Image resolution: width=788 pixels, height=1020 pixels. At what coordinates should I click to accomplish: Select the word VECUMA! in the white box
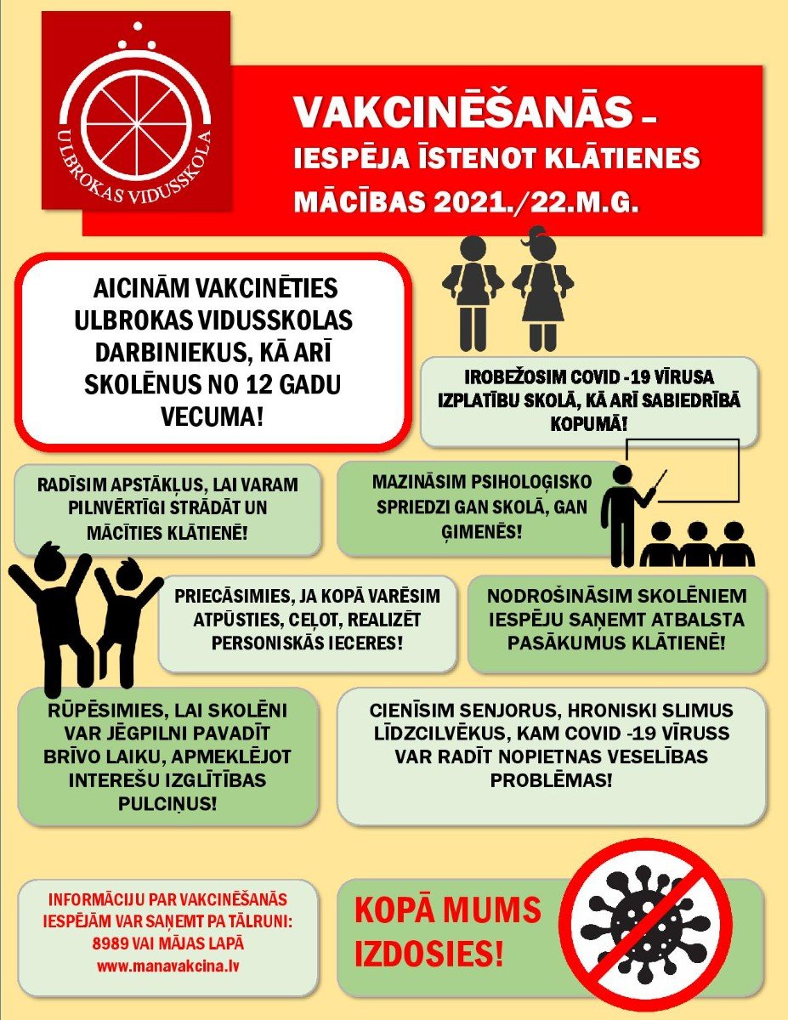pos(211,417)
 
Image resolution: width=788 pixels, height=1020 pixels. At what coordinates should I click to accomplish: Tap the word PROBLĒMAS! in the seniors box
pos(552,779)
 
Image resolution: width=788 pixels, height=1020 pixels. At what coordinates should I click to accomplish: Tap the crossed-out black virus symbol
pos(650,914)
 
